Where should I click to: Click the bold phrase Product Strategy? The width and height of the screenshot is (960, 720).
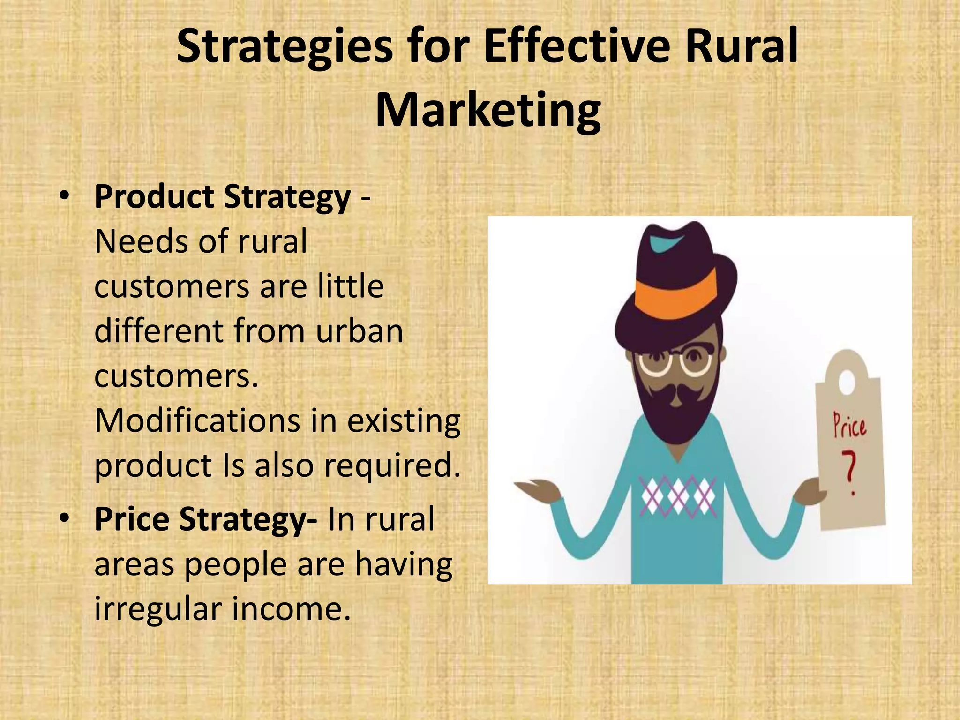[223, 197]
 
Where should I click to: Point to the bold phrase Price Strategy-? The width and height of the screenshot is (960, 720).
[206, 519]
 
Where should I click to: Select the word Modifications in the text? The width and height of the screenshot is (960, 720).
[197, 420]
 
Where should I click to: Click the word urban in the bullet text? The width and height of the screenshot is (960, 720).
[359, 331]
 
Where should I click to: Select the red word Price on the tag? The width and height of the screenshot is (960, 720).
[849, 425]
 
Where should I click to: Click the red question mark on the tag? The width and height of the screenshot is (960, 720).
[849, 473]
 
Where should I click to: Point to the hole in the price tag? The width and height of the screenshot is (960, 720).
[846, 382]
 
